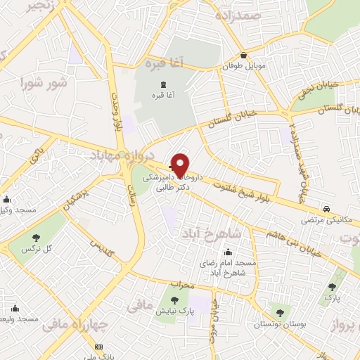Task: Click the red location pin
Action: tap(180, 165)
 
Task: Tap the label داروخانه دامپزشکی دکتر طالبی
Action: tap(173, 184)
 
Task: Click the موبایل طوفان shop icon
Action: tap(243, 56)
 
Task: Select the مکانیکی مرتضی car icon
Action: tap(326, 209)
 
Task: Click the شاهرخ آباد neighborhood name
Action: tap(212, 233)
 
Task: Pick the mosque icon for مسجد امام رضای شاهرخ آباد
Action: tap(227, 252)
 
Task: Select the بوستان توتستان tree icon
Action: tap(280, 312)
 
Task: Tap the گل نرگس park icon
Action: tap(35, 238)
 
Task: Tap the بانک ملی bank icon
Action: tap(98, 347)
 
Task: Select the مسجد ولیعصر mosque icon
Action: tap(15, 307)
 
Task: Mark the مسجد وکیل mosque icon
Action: tap(6, 199)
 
